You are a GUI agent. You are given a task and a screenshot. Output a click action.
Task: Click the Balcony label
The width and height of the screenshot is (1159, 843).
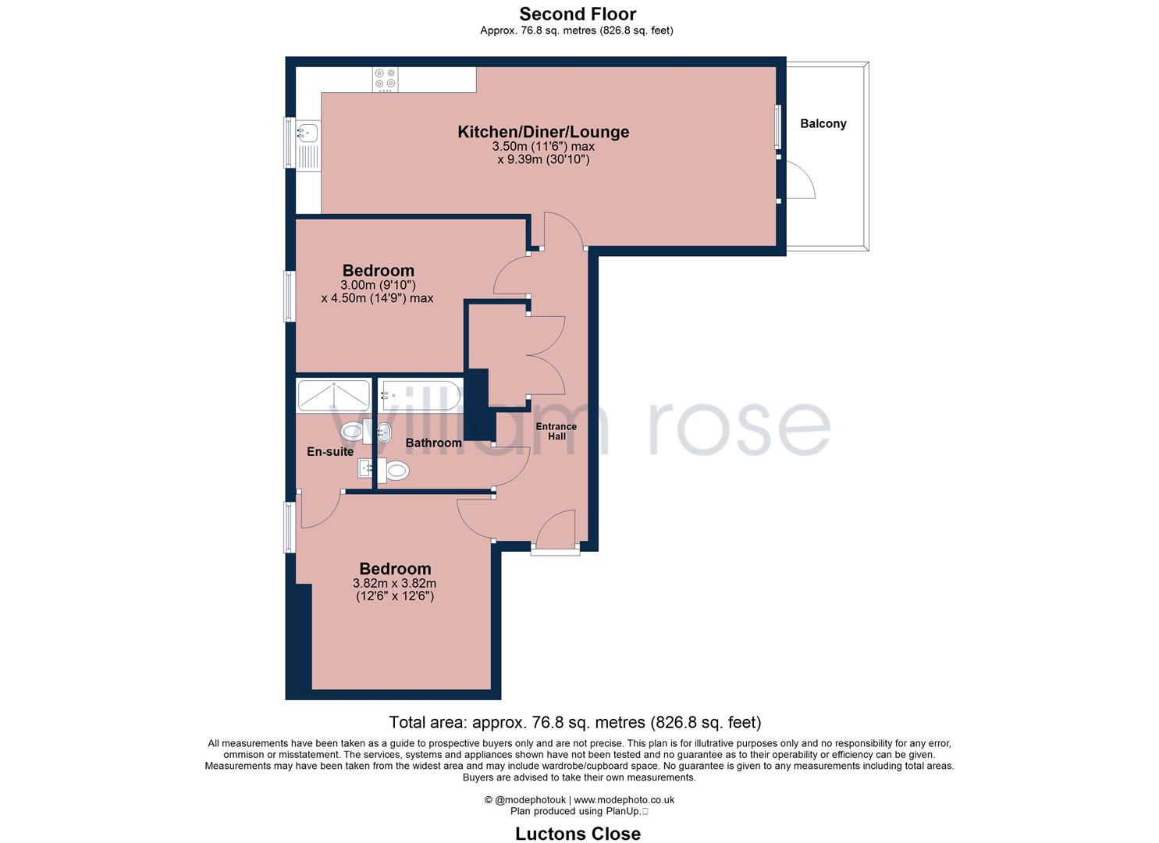point(823,123)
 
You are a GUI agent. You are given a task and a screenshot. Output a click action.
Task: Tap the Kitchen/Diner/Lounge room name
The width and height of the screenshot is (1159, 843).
point(543,132)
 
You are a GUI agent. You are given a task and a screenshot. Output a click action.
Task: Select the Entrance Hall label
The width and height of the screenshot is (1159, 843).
point(556,431)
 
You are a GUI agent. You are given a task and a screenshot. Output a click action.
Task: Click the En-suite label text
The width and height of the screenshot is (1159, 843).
point(329,451)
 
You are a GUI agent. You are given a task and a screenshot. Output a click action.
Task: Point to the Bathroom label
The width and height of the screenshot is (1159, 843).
point(433,443)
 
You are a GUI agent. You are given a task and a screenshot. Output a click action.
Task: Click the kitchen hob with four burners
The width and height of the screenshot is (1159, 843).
point(385,79)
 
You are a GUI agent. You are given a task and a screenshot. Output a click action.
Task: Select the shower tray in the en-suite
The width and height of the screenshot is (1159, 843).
point(334,396)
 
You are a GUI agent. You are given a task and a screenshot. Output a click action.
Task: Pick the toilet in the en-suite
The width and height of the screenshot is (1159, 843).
point(353,430)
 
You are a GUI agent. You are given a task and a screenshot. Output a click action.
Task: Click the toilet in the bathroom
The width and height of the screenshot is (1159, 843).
point(396,471)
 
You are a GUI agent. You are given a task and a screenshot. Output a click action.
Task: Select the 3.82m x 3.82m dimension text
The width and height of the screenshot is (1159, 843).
point(394,583)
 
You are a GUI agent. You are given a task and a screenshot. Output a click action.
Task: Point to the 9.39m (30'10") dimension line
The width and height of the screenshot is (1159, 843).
point(543,160)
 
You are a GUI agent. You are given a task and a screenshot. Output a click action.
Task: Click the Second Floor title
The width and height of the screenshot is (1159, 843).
point(578,13)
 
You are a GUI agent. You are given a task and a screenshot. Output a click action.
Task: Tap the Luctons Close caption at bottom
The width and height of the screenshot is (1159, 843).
point(578,834)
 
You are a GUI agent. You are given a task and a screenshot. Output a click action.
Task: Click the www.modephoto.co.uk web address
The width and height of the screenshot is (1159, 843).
point(624,799)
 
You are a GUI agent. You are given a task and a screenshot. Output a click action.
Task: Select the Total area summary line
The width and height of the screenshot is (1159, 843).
point(574,722)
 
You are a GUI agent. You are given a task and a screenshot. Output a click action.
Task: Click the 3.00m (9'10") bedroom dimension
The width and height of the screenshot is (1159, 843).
point(378,285)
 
